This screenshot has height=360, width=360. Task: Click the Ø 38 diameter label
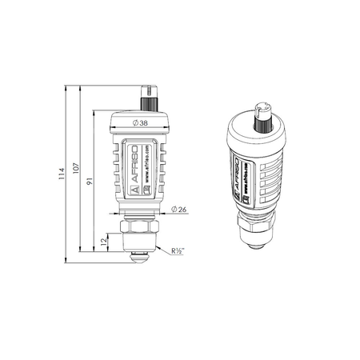click(x=139, y=123)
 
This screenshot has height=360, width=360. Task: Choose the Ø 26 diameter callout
click(x=180, y=210)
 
